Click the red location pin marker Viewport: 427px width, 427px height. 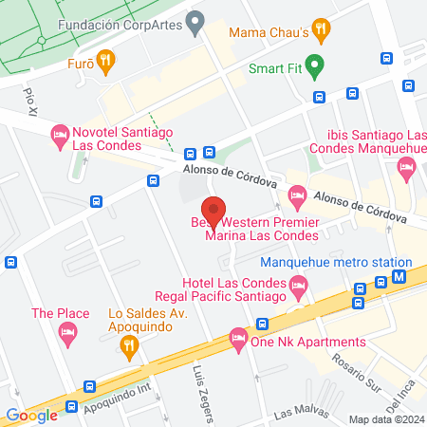click(213, 211)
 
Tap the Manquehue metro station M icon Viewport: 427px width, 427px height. click(400, 278)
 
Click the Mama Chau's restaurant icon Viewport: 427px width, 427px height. click(323, 29)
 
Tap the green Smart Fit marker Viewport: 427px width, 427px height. click(317, 67)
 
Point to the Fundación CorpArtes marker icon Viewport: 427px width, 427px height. click(195, 21)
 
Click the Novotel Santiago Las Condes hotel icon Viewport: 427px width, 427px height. click(59, 135)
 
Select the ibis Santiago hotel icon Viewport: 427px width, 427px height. click(407, 167)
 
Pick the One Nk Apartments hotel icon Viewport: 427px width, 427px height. click(237, 338)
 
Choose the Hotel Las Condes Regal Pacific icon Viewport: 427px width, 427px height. click(300, 284)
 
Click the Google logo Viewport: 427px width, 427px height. click(31, 415)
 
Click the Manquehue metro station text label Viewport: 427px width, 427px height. click(336, 262)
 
